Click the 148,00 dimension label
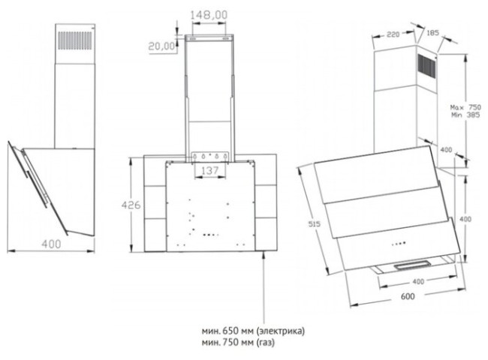209,15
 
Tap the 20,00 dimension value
161,46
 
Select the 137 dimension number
209,170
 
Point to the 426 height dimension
131,205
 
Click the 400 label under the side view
51,244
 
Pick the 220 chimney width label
393,34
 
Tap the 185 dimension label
432,32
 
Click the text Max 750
465,107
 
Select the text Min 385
465,115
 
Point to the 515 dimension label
314,223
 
